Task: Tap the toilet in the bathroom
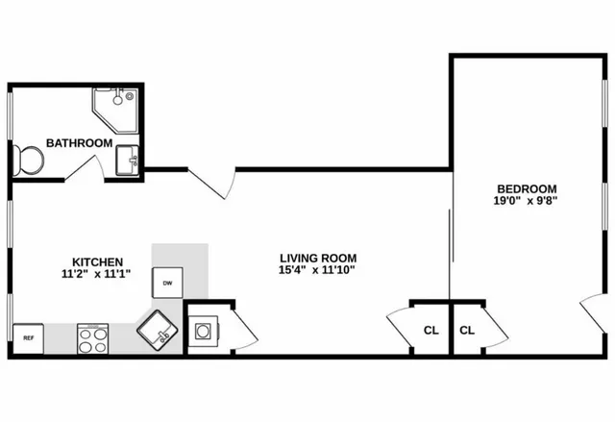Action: pyautogui.click(x=27, y=160)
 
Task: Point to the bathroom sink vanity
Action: pyautogui.click(x=128, y=161)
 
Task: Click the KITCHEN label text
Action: pyautogui.click(x=97, y=261)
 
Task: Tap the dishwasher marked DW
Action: pyautogui.click(x=167, y=283)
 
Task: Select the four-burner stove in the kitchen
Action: pyautogui.click(x=93, y=338)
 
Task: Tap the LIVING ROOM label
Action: pyautogui.click(x=318, y=258)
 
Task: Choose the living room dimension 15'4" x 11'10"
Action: pyautogui.click(x=318, y=270)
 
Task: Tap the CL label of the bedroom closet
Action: pyautogui.click(x=468, y=331)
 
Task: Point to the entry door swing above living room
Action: pyautogui.click(x=212, y=182)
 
